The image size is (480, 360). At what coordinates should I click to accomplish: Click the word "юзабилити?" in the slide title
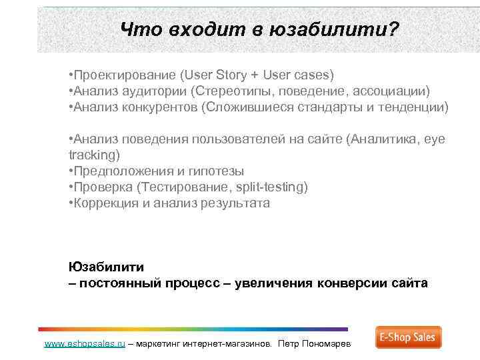point(334,30)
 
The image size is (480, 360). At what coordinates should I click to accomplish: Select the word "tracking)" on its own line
point(94,155)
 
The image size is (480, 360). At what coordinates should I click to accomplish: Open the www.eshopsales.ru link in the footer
point(84,344)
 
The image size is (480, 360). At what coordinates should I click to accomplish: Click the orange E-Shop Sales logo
point(408,337)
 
